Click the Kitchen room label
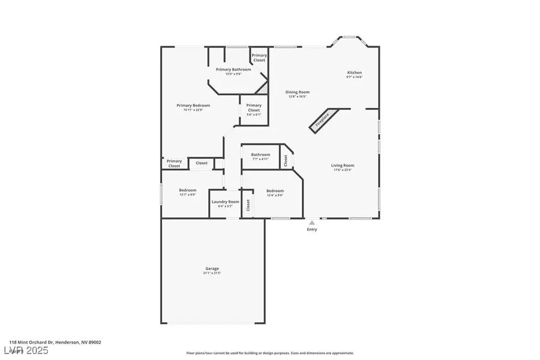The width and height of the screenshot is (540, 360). pos(355,73)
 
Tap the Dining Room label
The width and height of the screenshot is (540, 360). pos(298,92)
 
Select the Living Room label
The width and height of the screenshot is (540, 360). pos(343,165)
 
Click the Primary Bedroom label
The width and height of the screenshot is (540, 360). pos(193,106)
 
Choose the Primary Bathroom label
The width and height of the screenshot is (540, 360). pos(233,70)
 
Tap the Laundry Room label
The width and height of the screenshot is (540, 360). pos(225,202)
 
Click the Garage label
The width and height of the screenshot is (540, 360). pos(212,268)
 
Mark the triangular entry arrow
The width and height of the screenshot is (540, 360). pos(312,223)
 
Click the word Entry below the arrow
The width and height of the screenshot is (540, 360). pos(312,229)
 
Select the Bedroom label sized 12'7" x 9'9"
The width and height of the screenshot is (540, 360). pos(187,190)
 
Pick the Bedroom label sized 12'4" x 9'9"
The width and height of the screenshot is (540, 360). pos(275,191)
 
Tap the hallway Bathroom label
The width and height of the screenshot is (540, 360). pos(260,155)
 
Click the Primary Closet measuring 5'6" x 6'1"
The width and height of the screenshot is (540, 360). pos(254,110)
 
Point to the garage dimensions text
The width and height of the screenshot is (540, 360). pos(212,273)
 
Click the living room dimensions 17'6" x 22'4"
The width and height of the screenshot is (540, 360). pos(343,170)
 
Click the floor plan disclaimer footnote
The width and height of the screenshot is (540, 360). pos(269,353)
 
